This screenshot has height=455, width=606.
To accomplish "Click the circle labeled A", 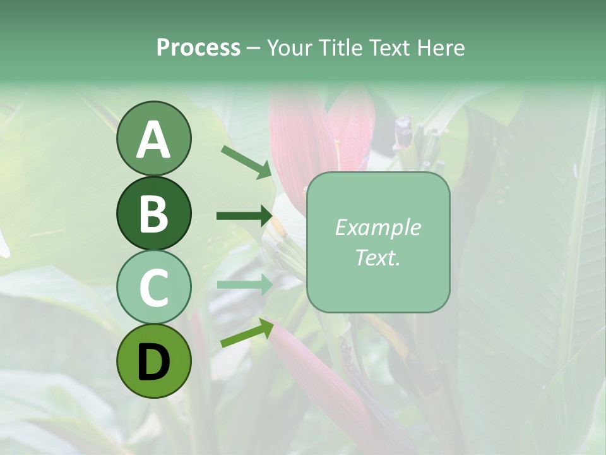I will pos(153,138).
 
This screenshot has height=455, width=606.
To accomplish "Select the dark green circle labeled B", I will pos(153,213).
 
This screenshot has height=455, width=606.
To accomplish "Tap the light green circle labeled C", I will pos(153,288).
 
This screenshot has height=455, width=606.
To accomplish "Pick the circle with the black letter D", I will pos(153,361).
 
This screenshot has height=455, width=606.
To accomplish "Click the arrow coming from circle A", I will pos(246,161).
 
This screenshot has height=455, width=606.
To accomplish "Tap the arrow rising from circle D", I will pos(246,333).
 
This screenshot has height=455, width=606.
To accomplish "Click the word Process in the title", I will pos(198,47).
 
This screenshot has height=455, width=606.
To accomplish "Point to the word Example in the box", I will pos(377,227).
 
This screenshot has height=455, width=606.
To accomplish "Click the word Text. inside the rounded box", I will pos(377,257).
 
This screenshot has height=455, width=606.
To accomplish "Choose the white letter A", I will pos(153,140).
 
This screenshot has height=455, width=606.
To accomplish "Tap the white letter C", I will pos(153,288).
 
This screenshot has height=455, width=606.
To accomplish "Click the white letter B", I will pos(153,214).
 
